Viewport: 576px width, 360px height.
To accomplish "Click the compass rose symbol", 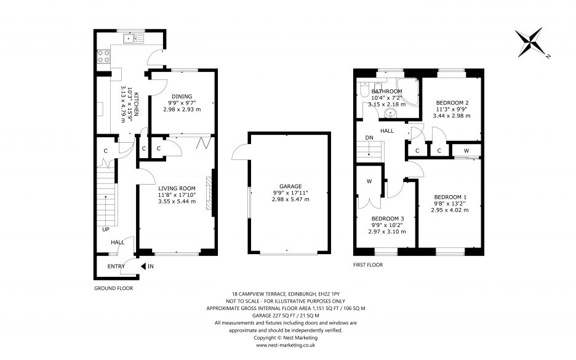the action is coord(529,42).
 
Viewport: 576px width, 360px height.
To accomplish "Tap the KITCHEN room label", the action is coord(136,104).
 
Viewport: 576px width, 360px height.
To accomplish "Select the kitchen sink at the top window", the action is coord(134,38).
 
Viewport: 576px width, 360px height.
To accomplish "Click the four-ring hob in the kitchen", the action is coord(103,56).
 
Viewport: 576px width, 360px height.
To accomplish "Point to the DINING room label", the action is coord(182,97).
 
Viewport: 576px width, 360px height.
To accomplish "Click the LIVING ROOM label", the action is coord(177,188).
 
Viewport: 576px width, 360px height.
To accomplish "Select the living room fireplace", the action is coord(209,193).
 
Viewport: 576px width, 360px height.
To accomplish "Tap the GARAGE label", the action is coord(290,186).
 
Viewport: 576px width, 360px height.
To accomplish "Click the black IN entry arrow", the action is coord(143,266).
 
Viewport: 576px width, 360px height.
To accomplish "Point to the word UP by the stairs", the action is coord(106,230).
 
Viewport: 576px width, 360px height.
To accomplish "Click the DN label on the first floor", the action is coord(369,138).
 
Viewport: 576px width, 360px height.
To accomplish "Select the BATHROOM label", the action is coord(386,92).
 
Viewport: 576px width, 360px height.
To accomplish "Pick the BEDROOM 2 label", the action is coord(452,103).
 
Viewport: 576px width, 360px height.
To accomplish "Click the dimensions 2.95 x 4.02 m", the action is coord(450,210).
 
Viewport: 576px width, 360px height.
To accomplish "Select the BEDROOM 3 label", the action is coord(387,218).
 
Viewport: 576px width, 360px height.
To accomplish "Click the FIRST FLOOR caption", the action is coord(368,265).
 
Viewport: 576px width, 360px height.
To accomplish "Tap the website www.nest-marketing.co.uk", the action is coord(286,345).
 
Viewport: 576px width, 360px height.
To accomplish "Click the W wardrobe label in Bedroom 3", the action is coord(369,181).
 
